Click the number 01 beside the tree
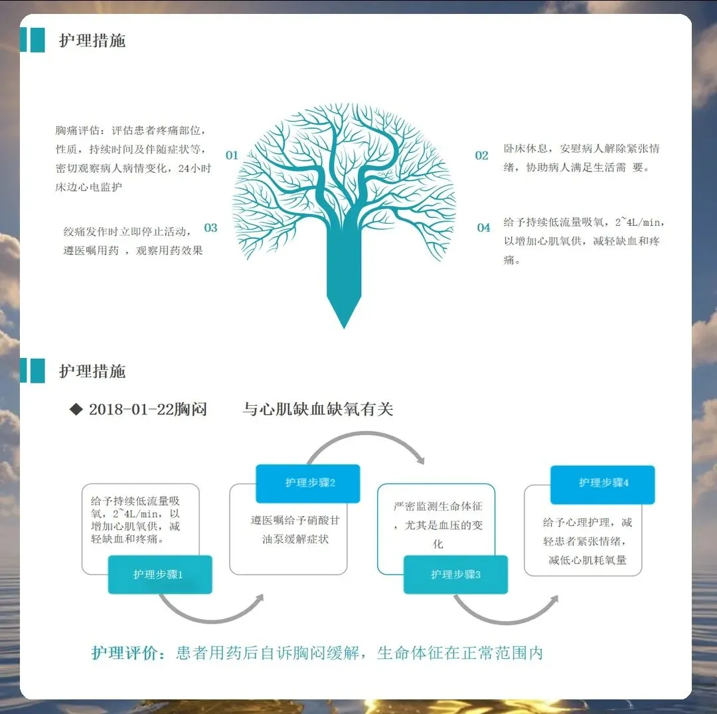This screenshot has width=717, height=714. coord(232,155)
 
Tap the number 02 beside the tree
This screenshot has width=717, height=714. coord(481,155)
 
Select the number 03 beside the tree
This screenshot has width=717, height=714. coord(210,228)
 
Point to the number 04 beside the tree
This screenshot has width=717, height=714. coord(484,228)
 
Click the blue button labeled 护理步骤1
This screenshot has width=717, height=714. coord(159,575)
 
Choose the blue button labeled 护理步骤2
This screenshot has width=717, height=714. coord(308,483)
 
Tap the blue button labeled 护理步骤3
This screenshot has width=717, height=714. coord(455,575)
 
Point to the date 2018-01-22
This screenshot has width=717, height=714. coord(130,409)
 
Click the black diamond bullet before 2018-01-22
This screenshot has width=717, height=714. coord(76,409)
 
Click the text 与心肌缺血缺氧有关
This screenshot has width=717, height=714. coord(318,409)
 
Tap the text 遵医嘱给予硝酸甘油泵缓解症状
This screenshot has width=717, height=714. coord(294,529)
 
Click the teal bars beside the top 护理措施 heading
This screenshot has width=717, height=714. coord(32,40)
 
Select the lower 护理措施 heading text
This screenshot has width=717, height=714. coord(92,371)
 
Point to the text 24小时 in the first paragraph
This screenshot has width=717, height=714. coord(195,168)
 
